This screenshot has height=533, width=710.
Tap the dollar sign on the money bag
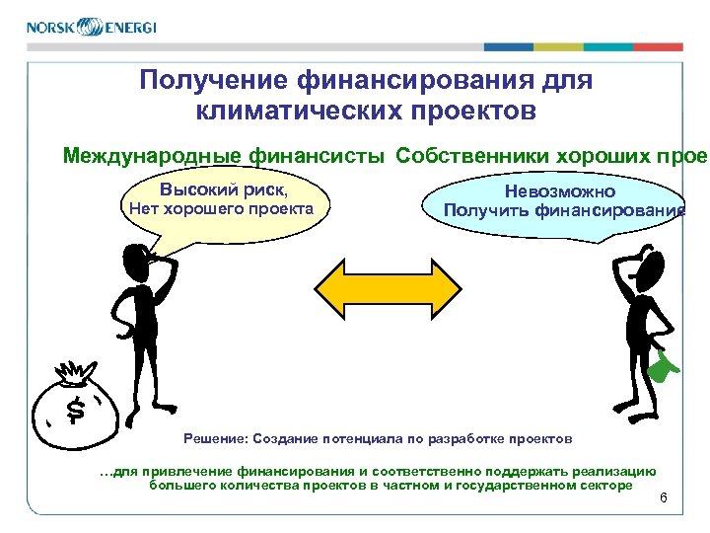74,408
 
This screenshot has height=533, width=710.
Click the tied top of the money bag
74,373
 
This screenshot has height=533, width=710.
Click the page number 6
663,496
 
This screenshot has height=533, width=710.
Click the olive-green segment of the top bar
558,46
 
